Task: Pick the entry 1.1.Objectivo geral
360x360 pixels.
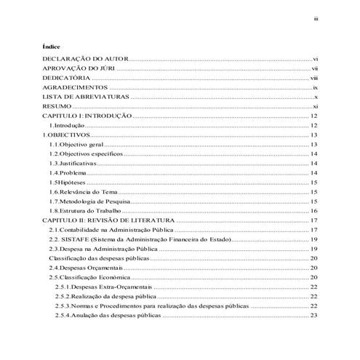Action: click(77, 145)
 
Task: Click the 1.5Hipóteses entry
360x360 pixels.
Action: click(69, 183)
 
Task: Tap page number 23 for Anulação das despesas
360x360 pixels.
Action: click(314, 316)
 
